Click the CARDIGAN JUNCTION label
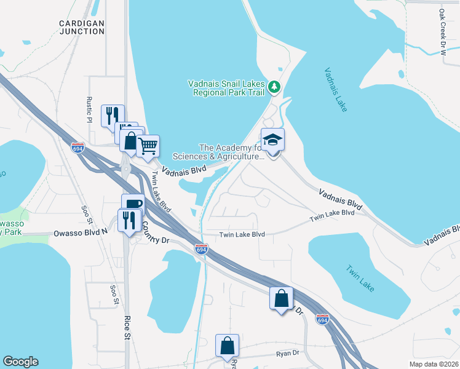(82, 26)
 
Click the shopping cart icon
(148, 147)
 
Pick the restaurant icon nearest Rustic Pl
(113, 116)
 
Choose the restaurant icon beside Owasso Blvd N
(129, 220)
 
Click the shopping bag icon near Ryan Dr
(227, 346)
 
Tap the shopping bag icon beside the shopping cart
(130, 140)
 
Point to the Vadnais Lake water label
(336, 89)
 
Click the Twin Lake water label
(360, 279)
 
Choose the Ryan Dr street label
(287, 353)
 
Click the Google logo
(20, 362)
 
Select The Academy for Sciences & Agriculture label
(231, 152)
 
